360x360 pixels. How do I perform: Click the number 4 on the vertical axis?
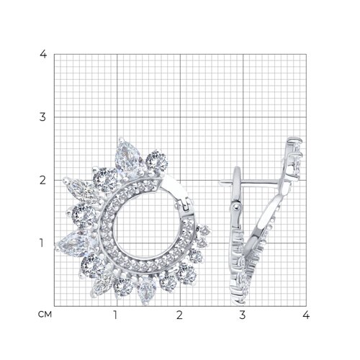pyautogui.click(x=43, y=54)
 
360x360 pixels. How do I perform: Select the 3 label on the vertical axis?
pyautogui.click(x=42, y=117)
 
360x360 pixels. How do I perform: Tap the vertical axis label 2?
pyautogui.click(x=42, y=180)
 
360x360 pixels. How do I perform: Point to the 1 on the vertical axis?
pyautogui.click(x=42, y=243)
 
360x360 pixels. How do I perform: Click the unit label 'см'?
pyautogui.click(x=45, y=315)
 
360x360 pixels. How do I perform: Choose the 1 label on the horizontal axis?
pyautogui.click(x=116, y=315)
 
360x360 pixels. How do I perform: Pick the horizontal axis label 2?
pyautogui.click(x=179, y=315)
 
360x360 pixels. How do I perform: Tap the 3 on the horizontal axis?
pyautogui.click(x=243, y=315)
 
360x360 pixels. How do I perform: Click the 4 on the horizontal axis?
pyautogui.click(x=306, y=315)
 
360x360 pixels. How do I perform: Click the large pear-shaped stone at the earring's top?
pyautogui.click(x=127, y=157)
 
